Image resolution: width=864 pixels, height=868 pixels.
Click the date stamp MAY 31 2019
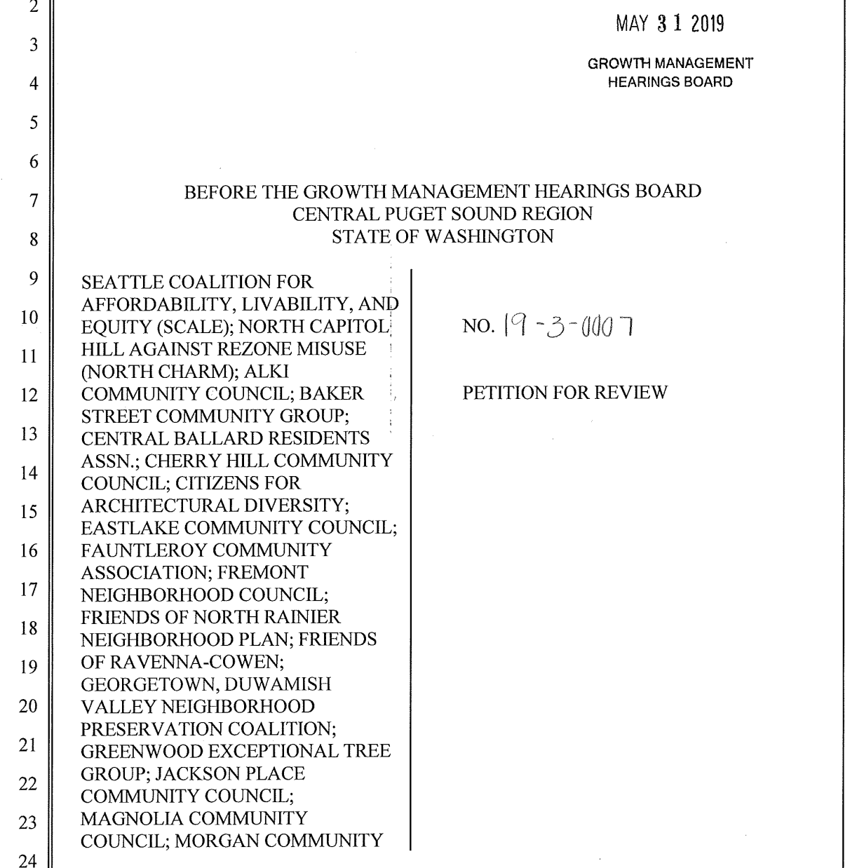click(670, 24)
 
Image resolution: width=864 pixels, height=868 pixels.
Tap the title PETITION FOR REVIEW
click(565, 393)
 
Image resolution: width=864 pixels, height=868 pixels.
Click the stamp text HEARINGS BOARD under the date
click(670, 82)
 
